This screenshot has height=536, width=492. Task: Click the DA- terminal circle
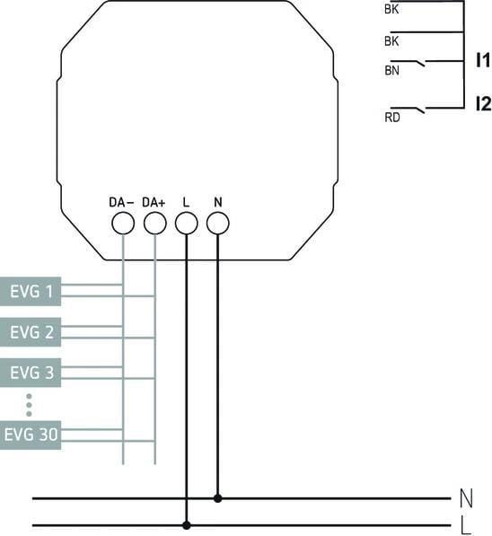point(123,224)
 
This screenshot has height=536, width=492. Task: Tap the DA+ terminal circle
point(155,224)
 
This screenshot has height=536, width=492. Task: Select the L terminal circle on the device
point(186,224)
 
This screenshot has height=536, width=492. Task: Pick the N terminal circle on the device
point(217,224)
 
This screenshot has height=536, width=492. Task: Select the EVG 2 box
point(31,332)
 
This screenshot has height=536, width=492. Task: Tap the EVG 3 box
point(31,372)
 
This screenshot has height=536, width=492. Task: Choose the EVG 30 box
point(31,435)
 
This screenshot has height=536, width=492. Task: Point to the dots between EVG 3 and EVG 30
point(29,403)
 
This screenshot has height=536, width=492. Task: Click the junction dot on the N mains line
point(217,497)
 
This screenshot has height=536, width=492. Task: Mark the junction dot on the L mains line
point(186,524)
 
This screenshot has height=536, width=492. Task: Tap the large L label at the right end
point(465,523)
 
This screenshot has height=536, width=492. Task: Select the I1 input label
point(482,61)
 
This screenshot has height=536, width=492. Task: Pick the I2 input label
point(482,104)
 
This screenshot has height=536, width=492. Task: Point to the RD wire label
point(391,116)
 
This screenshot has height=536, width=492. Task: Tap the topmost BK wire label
point(391,10)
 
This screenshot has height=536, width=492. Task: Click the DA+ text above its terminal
point(154,202)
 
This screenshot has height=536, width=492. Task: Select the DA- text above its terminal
point(121,202)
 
